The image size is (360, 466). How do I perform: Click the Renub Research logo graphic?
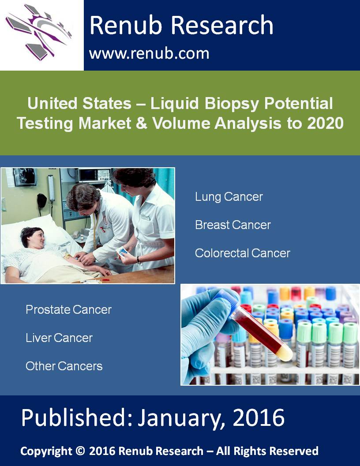(x=39, y=32)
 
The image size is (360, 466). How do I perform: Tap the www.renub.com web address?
(x=149, y=53)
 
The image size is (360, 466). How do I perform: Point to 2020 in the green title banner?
(x=325, y=123)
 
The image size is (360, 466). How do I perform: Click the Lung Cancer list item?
(x=229, y=197)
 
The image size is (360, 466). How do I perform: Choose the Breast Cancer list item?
(x=233, y=225)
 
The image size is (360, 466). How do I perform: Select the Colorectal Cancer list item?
(x=242, y=253)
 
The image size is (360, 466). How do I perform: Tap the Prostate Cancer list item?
(x=69, y=310)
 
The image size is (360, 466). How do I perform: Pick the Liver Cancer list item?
(x=59, y=338)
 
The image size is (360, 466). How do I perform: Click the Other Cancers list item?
(x=64, y=366)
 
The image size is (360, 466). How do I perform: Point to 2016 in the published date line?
(x=259, y=417)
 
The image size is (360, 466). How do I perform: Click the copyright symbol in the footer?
(x=80, y=451)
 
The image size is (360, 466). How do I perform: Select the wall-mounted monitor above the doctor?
(x=95, y=175)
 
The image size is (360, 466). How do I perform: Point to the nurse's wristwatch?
(x=139, y=261)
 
